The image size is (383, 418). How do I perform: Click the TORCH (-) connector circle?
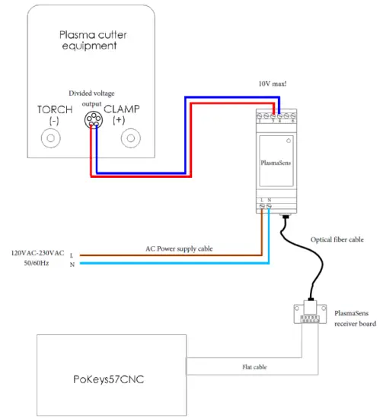point(51,138)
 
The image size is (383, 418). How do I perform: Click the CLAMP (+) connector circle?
point(132,138)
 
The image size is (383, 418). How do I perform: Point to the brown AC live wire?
point(152,255)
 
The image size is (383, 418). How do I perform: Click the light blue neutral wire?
point(152,264)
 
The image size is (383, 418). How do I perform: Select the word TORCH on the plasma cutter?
point(54,109)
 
